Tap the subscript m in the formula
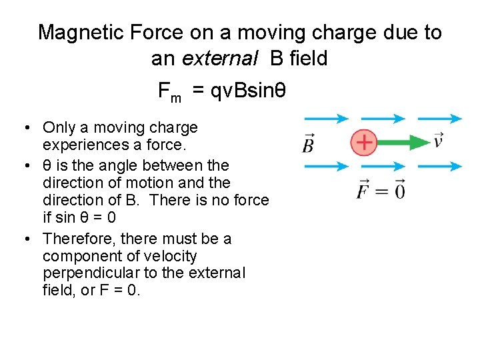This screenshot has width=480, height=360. [x=175, y=98]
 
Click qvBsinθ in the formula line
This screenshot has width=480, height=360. [x=248, y=91]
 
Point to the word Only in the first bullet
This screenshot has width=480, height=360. [x=57, y=127]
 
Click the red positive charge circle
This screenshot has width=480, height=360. [x=364, y=142]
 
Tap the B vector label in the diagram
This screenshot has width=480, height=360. [x=308, y=143]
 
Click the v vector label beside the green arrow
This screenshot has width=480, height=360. [x=438, y=141]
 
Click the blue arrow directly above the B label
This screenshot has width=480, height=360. [x=327, y=119]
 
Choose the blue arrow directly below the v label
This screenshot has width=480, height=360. [x=439, y=166]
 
